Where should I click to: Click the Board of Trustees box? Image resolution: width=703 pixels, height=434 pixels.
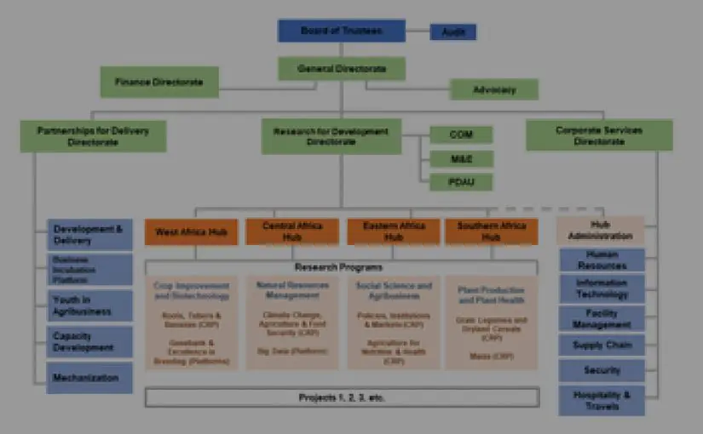pyautogui.click(x=341, y=31)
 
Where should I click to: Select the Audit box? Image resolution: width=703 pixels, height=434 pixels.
pyautogui.click(x=452, y=32)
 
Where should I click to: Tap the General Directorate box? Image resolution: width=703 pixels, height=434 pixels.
pyautogui.click(x=341, y=68)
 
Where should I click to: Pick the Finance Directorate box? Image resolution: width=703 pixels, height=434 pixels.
pyautogui.click(x=159, y=82)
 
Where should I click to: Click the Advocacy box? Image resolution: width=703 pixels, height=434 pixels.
pyautogui.click(x=494, y=89)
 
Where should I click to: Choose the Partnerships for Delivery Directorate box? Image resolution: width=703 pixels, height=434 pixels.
pyautogui.click(x=93, y=136)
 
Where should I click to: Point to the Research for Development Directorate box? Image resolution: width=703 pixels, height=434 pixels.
pyautogui.click(x=331, y=136)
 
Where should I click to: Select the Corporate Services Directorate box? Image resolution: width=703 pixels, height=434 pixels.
pyautogui.click(x=599, y=135)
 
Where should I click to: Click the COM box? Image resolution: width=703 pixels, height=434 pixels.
pyautogui.click(x=460, y=134)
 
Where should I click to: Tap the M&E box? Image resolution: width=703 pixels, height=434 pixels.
pyautogui.click(x=460, y=158)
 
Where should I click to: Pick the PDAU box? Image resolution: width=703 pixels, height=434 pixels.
pyautogui.click(x=460, y=181)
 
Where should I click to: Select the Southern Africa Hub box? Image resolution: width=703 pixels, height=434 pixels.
pyautogui.click(x=491, y=231)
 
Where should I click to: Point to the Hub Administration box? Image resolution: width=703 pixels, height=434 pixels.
pyautogui.click(x=600, y=230)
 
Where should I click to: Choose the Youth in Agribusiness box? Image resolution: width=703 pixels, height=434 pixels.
pyautogui.click(x=89, y=306)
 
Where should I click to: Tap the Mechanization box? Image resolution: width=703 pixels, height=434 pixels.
pyautogui.click(x=89, y=378)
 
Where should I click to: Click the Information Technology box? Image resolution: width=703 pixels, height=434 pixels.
pyautogui.click(x=602, y=288)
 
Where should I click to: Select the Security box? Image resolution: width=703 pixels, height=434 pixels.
pyautogui.click(x=602, y=371)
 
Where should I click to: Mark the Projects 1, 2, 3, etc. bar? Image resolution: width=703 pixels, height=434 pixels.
pyautogui.click(x=342, y=397)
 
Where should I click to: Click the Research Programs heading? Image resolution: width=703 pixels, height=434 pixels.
pyautogui.click(x=342, y=267)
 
